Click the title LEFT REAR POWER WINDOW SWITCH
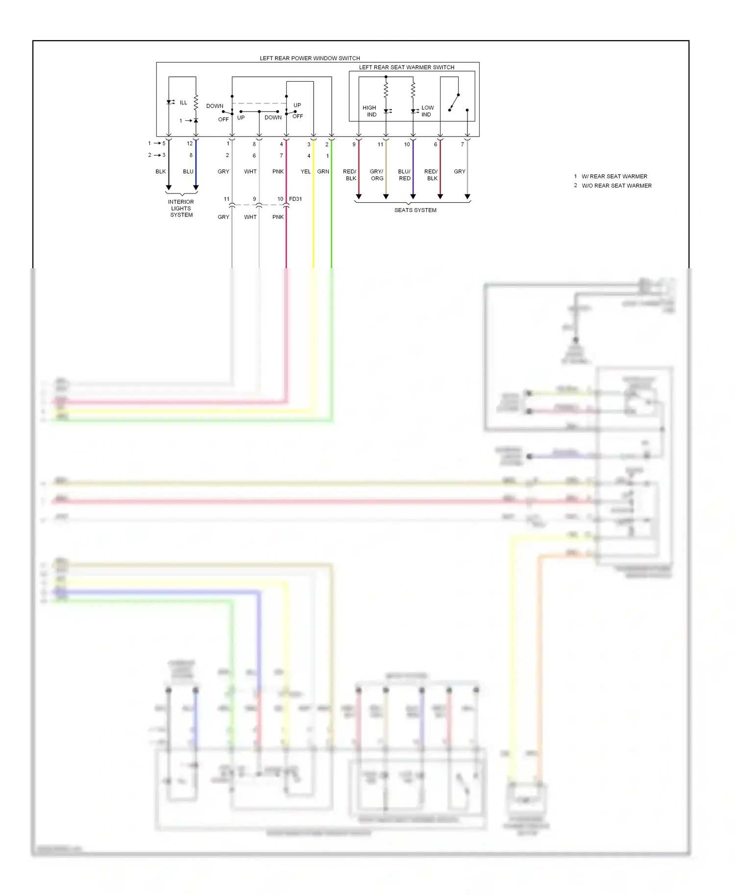(310, 58)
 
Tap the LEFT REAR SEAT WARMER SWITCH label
(406, 68)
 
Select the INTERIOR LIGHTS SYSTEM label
(181, 208)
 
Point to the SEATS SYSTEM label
(415, 210)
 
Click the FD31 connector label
(295, 199)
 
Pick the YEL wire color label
(305, 171)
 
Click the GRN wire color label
(323, 171)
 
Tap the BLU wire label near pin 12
(188, 171)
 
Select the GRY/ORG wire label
(377, 175)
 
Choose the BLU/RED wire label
(404, 175)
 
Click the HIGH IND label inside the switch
(370, 111)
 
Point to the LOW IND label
(427, 111)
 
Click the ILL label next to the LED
(183, 103)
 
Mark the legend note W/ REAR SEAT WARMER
(614, 176)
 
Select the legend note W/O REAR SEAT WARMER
(616, 186)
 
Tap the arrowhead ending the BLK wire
(169, 188)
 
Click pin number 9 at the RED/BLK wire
(354, 144)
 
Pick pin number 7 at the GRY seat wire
(462, 144)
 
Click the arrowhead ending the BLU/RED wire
(413, 196)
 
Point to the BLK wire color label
(161, 171)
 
